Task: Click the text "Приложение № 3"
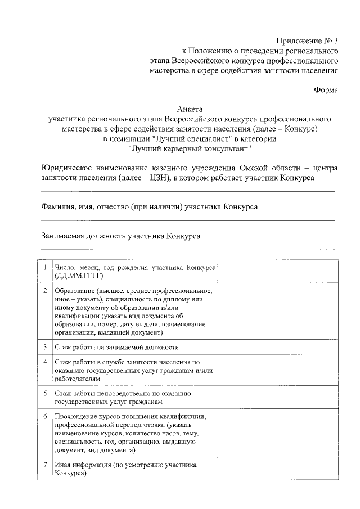click(x=307, y=40)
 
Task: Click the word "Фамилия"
click(x=58, y=207)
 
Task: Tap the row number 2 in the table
click(x=45, y=291)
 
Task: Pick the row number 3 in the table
click(x=45, y=348)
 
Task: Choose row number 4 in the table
click(x=45, y=362)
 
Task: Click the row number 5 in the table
click(x=45, y=393)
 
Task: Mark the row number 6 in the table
click(x=45, y=416)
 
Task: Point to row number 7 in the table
click(x=45, y=465)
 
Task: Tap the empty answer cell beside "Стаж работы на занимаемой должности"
click(x=278, y=348)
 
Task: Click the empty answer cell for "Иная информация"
click(x=278, y=469)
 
